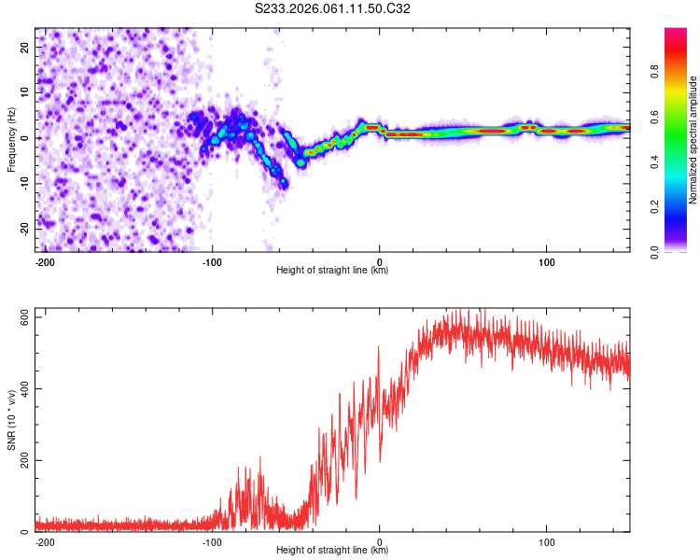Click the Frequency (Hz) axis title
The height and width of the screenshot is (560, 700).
(x=11, y=138)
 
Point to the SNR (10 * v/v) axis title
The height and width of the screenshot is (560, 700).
(x=11, y=420)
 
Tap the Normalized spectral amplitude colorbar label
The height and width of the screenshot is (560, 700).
(x=693, y=140)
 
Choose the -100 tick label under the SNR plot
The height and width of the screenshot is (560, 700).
(x=212, y=542)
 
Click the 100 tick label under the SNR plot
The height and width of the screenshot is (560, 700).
(x=546, y=542)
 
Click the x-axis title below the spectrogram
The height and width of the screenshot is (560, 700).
(x=332, y=271)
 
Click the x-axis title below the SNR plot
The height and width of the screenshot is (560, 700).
(x=332, y=551)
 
